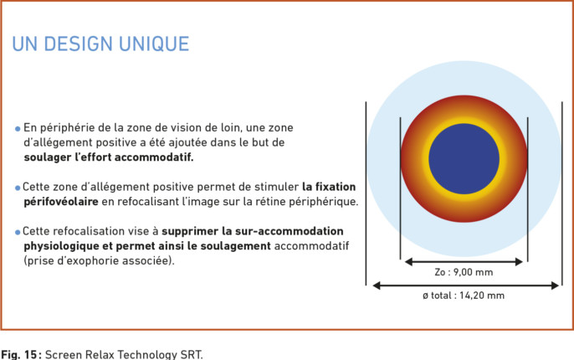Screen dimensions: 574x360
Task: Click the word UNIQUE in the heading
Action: point(154,44)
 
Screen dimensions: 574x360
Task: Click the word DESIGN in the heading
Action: point(78,44)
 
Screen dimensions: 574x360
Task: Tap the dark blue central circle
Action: point(464,159)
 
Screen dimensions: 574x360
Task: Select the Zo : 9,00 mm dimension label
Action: point(464,272)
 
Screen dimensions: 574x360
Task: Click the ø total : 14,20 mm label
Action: point(464,296)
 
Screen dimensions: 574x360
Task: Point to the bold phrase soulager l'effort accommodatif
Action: point(109,157)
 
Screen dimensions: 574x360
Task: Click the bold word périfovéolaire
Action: point(61,202)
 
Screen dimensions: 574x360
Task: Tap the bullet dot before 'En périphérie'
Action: point(18,129)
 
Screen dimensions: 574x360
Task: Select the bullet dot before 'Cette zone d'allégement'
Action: point(18,188)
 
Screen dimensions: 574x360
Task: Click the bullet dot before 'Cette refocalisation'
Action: point(18,232)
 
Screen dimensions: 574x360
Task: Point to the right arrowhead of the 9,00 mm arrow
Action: point(519,261)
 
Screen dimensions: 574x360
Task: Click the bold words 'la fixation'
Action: point(329,187)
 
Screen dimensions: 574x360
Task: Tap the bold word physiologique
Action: point(61,246)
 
